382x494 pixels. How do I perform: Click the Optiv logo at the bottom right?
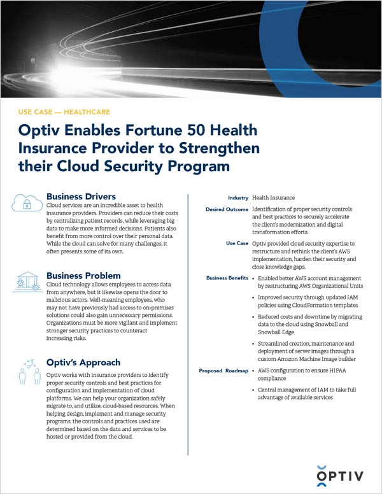coord(341,472)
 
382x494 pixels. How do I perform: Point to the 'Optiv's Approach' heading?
coord(83,362)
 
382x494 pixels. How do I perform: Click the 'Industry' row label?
coord(237,198)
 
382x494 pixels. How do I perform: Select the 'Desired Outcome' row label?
coord(226,210)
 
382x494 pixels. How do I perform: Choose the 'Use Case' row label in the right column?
coord(236,243)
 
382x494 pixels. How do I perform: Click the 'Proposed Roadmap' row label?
coord(223,370)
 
